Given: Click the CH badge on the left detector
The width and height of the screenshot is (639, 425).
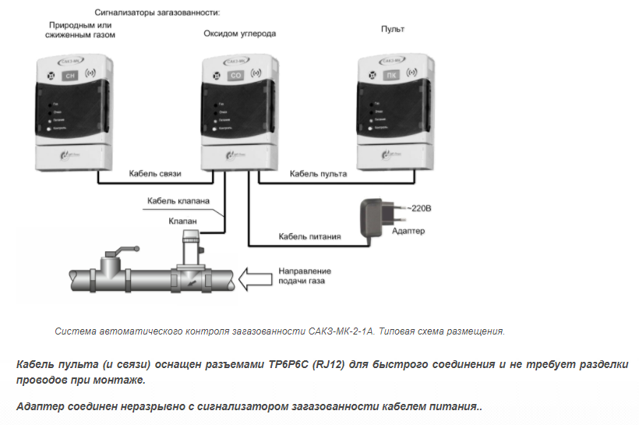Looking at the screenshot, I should click(x=70, y=76).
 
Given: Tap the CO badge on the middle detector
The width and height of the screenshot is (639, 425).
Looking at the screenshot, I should click(x=235, y=76).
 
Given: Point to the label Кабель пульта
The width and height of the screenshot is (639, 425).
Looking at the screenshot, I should click(x=318, y=173).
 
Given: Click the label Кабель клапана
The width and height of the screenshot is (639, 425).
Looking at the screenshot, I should click(x=178, y=201).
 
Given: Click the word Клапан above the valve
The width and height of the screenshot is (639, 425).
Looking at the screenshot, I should click(x=183, y=221).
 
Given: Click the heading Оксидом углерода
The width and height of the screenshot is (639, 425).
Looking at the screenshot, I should click(x=239, y=34).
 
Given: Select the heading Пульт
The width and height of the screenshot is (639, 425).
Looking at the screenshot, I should click(x=393, y=29).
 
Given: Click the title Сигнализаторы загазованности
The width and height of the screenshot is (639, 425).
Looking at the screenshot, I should click(x=157, y=13).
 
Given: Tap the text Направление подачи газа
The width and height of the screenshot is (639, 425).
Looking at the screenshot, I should click(x=302, y=276).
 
